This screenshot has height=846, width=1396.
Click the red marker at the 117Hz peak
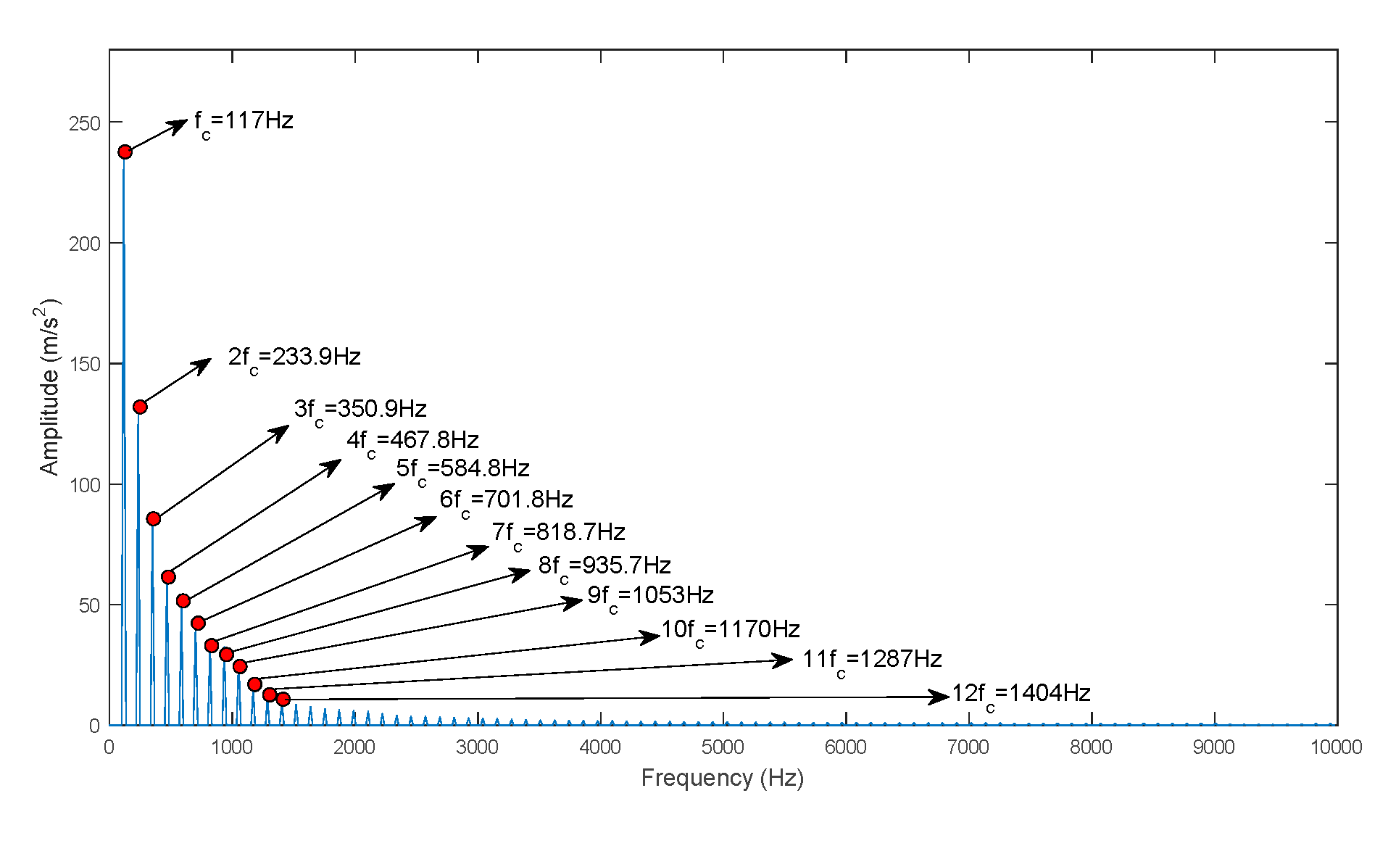125,152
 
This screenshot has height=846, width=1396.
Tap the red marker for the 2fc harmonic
140,407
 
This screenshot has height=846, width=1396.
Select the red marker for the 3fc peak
153,518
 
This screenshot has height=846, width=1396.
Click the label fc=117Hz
244,122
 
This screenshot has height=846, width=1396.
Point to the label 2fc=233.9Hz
294,357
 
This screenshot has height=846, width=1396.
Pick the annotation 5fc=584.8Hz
462,469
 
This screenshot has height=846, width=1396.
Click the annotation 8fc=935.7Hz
604,566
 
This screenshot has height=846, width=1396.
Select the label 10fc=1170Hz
730,630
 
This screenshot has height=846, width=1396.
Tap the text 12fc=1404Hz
1021,694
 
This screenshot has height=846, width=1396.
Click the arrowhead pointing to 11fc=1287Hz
784,660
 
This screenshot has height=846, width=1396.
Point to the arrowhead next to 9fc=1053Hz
574,602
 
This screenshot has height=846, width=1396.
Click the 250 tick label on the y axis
85,123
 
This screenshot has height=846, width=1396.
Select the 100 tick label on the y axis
85,485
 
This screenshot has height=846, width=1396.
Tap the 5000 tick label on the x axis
723,747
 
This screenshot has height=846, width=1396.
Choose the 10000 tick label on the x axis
1336,747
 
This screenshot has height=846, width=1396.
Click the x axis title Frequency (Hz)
723,778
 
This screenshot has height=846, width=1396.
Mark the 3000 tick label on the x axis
477,747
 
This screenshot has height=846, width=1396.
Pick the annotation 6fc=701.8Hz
506,500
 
